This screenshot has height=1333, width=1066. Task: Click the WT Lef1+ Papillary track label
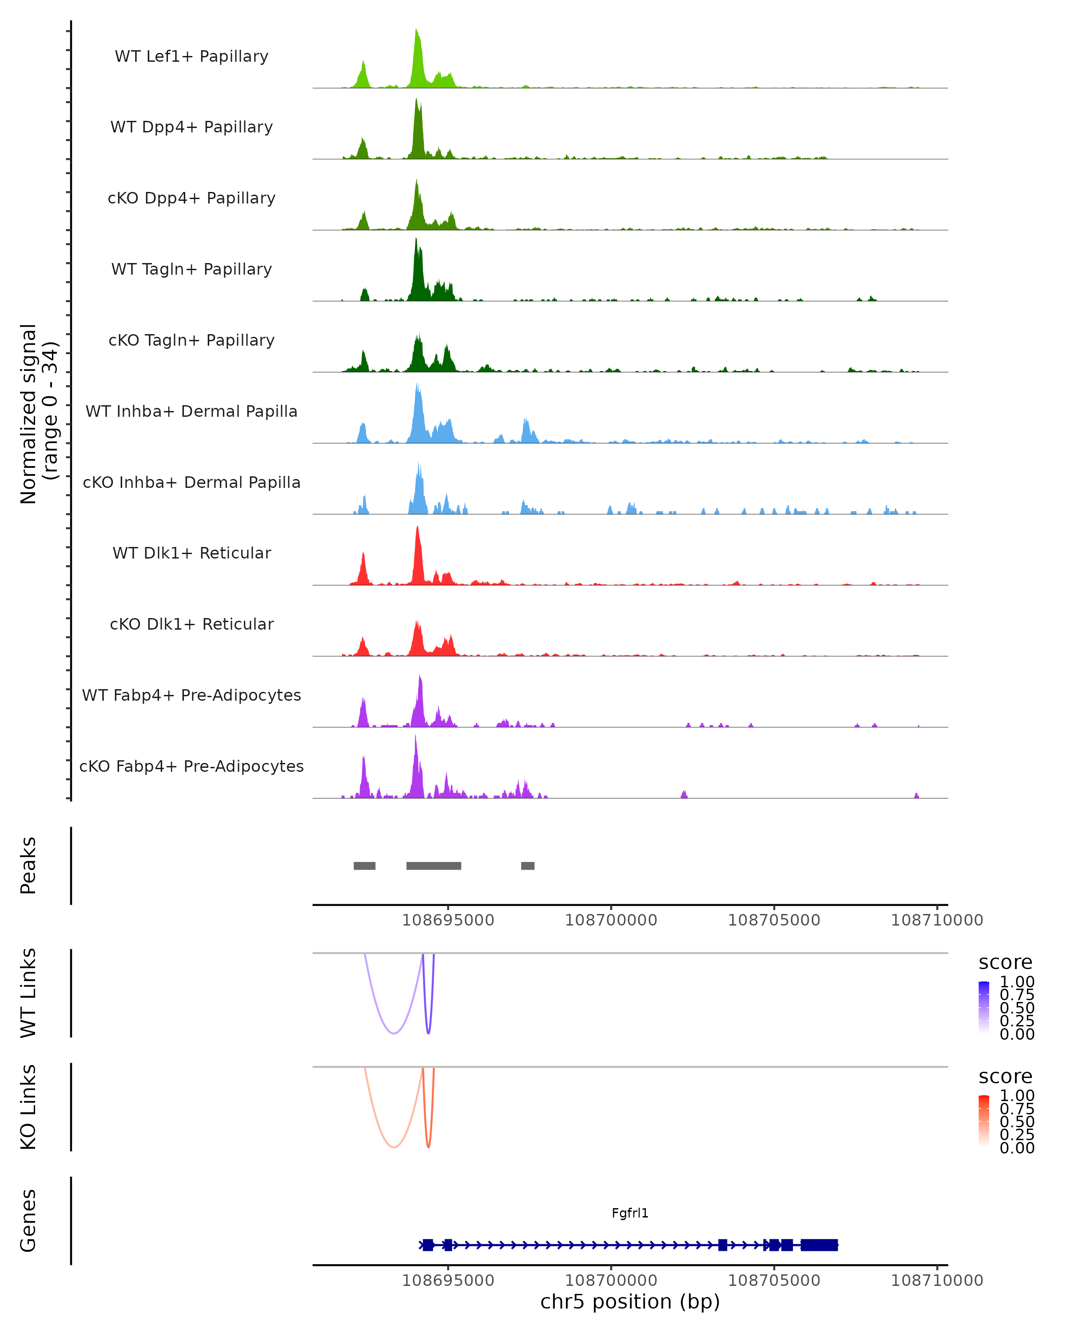coord(191,56)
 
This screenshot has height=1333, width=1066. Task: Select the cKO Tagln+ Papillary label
coord(191,340)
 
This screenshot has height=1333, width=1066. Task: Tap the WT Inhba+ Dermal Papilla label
coord(191,411)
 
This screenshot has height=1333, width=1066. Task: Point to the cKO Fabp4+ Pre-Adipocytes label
coord(191,766)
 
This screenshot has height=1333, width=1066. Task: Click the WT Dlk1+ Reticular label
coord(191,553)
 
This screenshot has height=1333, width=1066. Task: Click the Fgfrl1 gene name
coord(630,1213)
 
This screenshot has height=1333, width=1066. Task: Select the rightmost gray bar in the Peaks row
coord(527,866)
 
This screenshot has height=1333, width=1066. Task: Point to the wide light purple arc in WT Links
coord(394,1033)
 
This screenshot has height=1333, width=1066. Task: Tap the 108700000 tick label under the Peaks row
coord(611,920)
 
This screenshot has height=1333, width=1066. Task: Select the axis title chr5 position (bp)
coord(630,1302)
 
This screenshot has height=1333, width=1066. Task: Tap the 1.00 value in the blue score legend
coord(1017,982)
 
